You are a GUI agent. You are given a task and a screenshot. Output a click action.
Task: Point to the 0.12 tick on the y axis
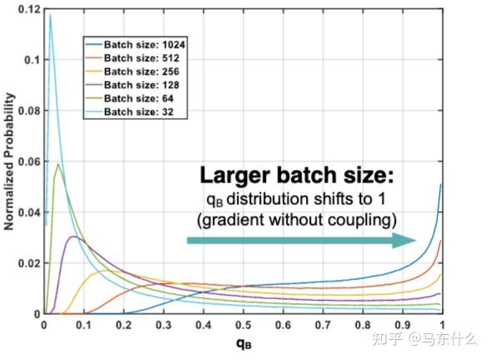point(28,9)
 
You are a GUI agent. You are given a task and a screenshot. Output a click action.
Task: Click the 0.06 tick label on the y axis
point(28,161)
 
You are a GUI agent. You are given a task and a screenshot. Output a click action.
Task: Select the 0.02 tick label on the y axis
point(28,263)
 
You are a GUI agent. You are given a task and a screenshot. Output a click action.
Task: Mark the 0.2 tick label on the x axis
point(123,325)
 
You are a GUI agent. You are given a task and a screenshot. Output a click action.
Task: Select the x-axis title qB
point(242,343)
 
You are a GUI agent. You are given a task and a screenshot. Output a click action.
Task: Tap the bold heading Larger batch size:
point(295,176)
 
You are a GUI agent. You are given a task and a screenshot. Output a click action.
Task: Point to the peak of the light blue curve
point(49,14)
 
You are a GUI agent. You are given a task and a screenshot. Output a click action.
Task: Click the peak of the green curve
point(57,164)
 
